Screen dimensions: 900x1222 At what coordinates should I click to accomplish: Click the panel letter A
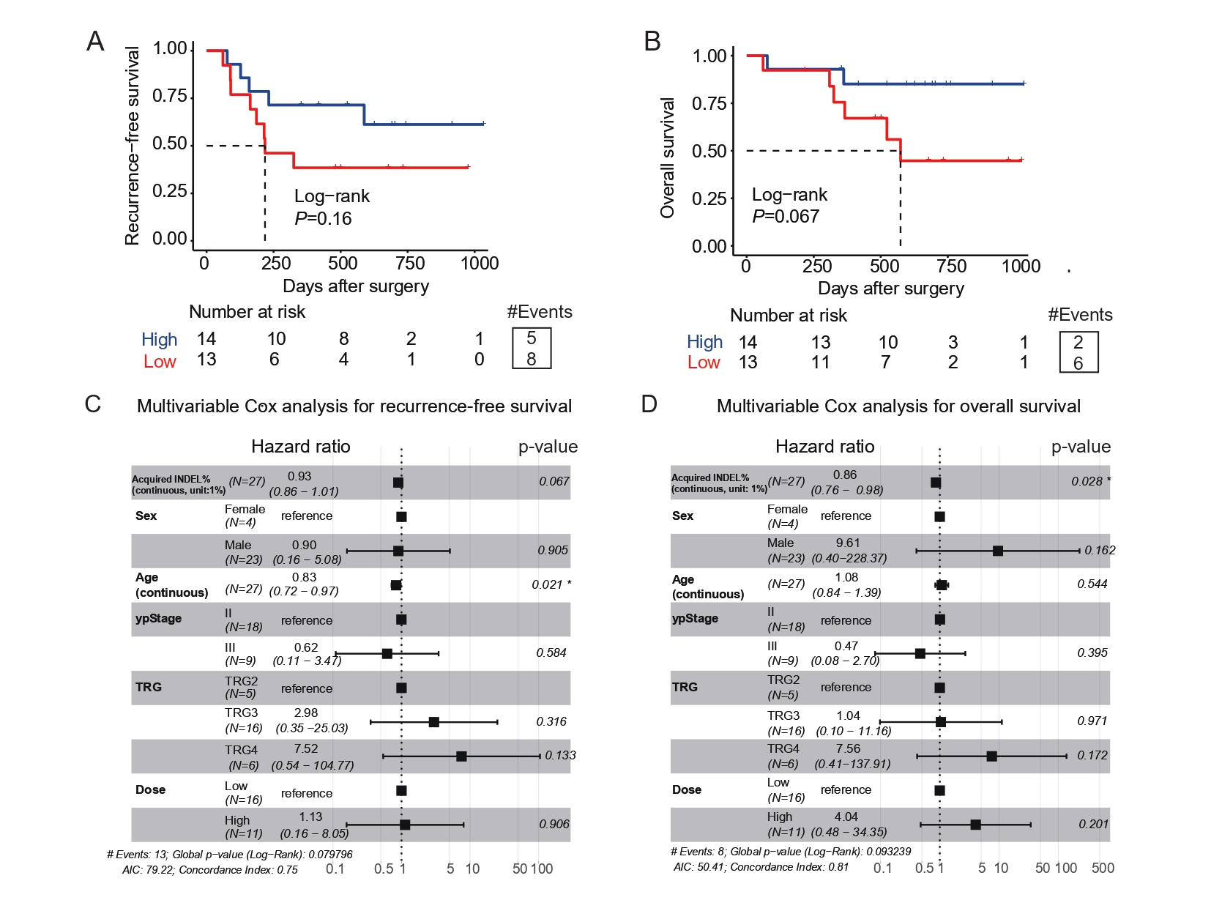click(95, 42)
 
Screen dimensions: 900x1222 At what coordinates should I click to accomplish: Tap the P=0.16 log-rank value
click(323, 219)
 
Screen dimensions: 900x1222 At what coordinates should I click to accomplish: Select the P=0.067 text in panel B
click(786, 217)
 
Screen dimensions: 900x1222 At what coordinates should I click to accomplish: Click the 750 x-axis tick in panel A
click(410, 264)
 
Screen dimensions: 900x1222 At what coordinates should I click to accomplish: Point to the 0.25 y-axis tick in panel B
click(709, 198)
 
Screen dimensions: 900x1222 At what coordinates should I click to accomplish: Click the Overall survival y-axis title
click(667, 157)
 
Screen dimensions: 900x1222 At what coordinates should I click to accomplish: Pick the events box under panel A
click(532, 349)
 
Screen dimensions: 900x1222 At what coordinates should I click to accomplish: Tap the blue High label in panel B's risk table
click(704, 342)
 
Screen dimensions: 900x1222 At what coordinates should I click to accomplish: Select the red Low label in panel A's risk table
click(160, 362)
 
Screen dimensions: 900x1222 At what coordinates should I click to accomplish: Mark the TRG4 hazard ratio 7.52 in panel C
click(306, 749)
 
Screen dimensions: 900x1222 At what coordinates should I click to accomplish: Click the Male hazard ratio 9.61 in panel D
click(848, 543)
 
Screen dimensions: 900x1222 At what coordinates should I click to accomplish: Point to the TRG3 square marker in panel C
click(433, 722)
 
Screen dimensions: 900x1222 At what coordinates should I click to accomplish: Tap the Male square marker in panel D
click(998, 551)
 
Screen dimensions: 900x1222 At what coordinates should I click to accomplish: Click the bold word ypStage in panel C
click(158, 618)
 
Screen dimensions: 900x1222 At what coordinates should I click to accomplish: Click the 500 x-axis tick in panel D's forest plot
click(1103, 869)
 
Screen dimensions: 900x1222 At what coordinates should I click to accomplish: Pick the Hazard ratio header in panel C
click(300, 447)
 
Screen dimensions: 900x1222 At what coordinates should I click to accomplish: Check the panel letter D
click(649, 404)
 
